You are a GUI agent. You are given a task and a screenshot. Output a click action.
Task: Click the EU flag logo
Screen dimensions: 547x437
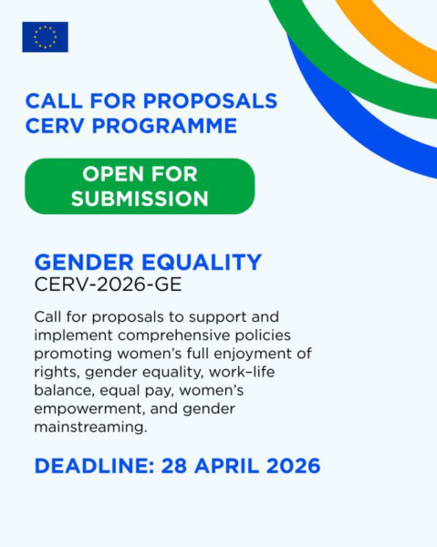point(45,36)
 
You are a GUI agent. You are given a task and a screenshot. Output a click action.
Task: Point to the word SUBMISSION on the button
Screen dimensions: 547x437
point(140,198)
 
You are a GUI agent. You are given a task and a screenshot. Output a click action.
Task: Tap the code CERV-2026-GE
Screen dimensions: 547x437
point(108,284)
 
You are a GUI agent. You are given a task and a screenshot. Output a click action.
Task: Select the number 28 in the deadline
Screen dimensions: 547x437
point(175,466)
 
